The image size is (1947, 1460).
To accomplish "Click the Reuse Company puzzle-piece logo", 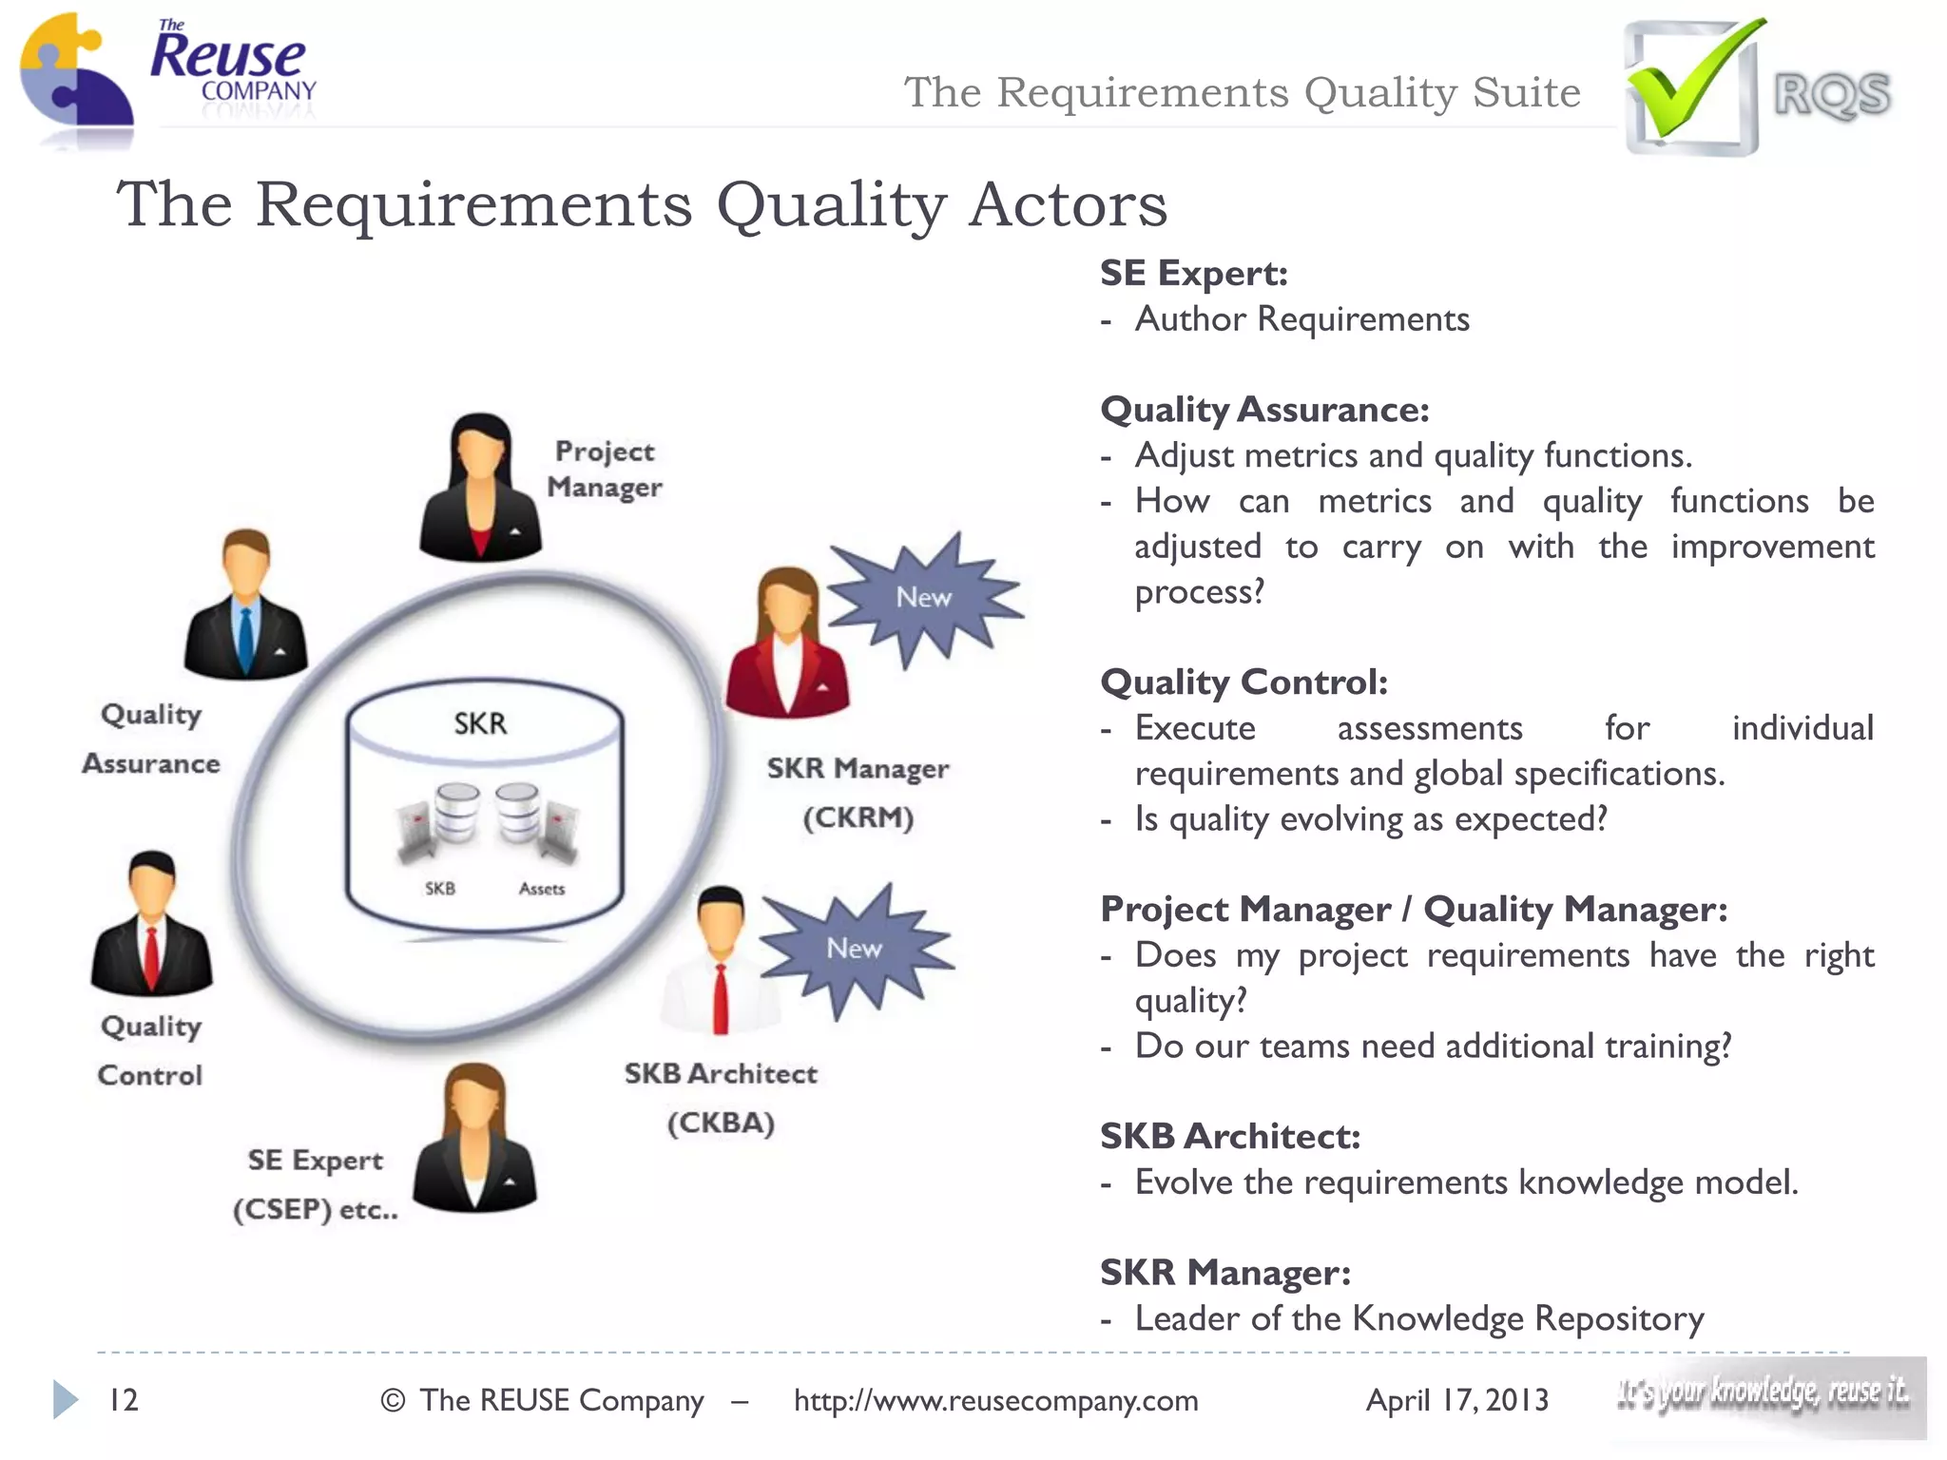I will tap(76, 81).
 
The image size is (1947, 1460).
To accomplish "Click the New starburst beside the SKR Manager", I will tap(923, 598).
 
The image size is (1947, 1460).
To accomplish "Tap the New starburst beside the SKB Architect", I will tap(854, 949).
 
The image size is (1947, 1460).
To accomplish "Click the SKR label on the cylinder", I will tap(480, 724).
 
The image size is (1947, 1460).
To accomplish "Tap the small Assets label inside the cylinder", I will tap(542, 889).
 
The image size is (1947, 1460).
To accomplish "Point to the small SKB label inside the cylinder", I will tap(439, 889).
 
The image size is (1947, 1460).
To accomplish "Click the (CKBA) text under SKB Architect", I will tap(721, 1124).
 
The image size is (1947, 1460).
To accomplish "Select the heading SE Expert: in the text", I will tap(1194, 274).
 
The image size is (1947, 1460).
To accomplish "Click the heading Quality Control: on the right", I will tap(1243, 682).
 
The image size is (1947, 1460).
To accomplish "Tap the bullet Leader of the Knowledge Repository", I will tap(1418, 1318).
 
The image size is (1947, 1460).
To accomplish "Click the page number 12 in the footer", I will tap(124, 1400).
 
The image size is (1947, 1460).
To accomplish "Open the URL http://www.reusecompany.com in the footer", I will tap(995, 1400).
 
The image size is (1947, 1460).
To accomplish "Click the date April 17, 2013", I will tap(1456, 1400).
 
